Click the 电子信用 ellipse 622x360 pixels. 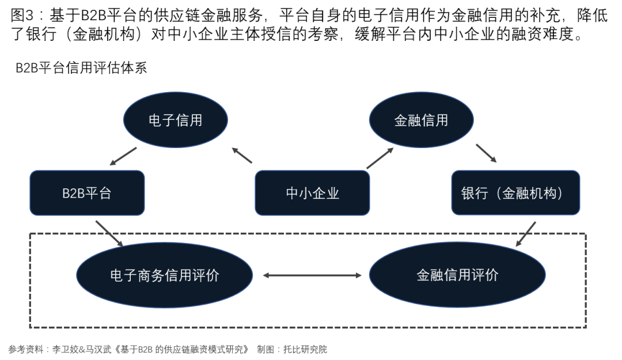click(176, 120)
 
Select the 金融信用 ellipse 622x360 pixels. click(421, 120)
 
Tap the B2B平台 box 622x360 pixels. click(87, 193)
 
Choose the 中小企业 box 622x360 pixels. click(312, 193)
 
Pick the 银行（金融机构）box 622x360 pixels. click(515, 193)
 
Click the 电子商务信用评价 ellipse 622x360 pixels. click(165, 275)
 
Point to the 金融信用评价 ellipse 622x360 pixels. click(457, 275)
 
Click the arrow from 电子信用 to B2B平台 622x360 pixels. click(123, 156)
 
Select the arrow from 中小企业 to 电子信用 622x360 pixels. click(242, 155)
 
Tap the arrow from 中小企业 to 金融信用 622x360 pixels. click(380, 158)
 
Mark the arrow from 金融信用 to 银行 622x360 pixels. click(486, 153)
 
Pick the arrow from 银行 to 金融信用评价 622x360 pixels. click(526, 234)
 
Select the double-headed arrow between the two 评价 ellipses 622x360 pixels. click(312, 275)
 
